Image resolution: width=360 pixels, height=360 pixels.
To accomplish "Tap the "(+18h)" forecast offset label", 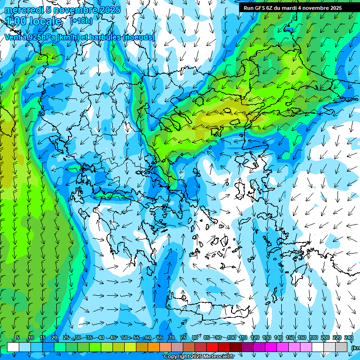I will pos(81,21).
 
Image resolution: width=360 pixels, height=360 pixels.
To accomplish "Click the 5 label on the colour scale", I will pos(18,338).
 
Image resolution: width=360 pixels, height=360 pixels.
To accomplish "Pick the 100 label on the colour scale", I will pos(231,338).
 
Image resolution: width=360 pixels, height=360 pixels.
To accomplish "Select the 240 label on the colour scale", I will pos(349,338).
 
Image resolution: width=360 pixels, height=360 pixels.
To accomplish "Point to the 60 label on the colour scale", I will pos(148,338).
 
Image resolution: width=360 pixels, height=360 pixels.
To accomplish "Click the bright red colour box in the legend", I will pos(212,347).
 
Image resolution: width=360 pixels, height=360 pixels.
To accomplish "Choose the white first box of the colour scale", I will pos(13,347).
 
